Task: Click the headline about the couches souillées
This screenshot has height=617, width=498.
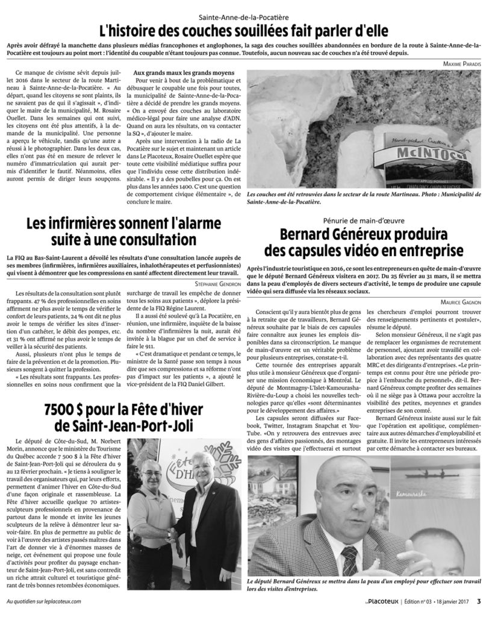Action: (x=248, y=30)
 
